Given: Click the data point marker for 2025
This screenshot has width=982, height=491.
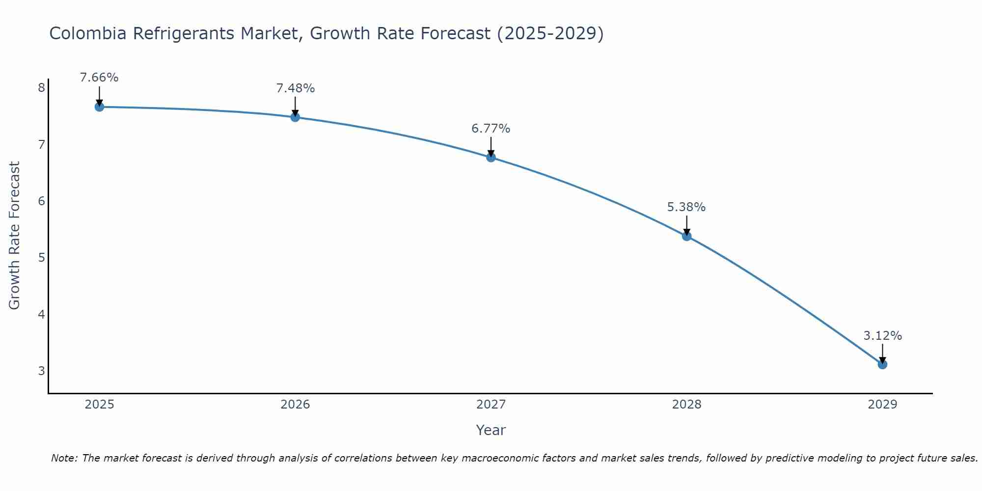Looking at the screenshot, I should click(99, 107).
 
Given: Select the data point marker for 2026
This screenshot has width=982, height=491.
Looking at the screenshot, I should click(295, 117).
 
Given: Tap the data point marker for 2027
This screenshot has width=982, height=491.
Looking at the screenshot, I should click(491, 158).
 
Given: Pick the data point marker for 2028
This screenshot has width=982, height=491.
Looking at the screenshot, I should click(687, 236).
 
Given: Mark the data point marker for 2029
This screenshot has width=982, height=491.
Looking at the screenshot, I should click(882, 364).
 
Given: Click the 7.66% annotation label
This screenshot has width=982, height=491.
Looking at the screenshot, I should click(99, 78).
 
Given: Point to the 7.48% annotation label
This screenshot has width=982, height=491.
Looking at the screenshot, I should click(295, 88).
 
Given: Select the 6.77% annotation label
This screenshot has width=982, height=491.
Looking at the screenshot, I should click(491, 129).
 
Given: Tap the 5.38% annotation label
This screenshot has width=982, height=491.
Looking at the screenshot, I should click(686, 207).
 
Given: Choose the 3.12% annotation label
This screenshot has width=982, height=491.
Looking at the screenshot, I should click(882, 336).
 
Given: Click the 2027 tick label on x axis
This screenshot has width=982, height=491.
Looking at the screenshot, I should click(491, 405).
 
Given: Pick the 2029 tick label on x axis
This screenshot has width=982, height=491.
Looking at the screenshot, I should click(882, 405).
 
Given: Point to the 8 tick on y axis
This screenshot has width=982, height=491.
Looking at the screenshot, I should click(41, 88).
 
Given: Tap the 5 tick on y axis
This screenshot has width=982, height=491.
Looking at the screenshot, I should click(41, 258).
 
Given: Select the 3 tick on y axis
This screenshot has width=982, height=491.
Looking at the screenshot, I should click(41, 371).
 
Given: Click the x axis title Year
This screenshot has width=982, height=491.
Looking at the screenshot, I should click(491, 430).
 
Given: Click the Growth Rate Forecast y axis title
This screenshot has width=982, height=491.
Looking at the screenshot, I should click(15, 236).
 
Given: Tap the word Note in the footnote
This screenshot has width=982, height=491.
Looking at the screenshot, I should click(64, 458).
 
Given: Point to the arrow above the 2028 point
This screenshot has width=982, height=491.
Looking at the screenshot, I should click(687, 225).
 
